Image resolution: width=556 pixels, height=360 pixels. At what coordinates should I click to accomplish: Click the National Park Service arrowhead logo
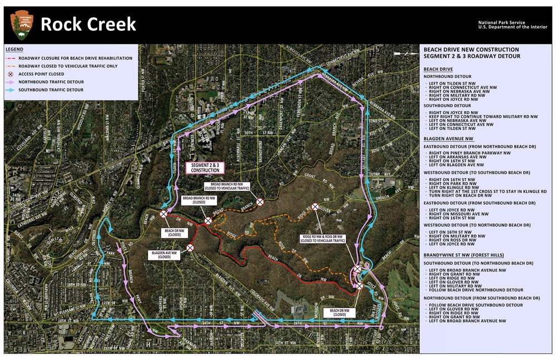[22, 25]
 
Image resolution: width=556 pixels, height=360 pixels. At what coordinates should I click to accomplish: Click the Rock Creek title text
[88, 24]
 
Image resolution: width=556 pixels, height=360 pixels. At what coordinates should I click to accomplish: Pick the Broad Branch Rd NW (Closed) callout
[198, 200]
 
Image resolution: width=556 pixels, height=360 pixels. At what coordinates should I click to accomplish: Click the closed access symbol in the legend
[10, 74]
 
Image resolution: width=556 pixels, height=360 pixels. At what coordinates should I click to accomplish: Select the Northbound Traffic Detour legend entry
[51, 82]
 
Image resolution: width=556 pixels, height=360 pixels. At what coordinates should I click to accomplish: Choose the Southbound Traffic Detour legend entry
[51, 90]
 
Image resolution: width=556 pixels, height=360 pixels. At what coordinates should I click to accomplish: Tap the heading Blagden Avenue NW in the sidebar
[448, 139]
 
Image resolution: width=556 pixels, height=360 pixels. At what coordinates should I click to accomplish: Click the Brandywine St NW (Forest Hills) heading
[464, 255]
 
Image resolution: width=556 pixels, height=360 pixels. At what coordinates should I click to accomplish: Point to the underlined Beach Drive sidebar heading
[438, 68]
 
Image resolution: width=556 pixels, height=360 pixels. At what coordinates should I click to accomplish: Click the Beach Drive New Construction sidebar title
[471, 50]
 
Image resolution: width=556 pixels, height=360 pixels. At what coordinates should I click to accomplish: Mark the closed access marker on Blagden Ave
[190, 248]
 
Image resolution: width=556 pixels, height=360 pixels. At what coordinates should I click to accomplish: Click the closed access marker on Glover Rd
[315, 206]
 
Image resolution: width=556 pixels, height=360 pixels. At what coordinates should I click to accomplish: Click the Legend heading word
[14, 50]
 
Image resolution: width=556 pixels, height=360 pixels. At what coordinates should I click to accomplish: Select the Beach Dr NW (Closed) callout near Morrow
[340, 313]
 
